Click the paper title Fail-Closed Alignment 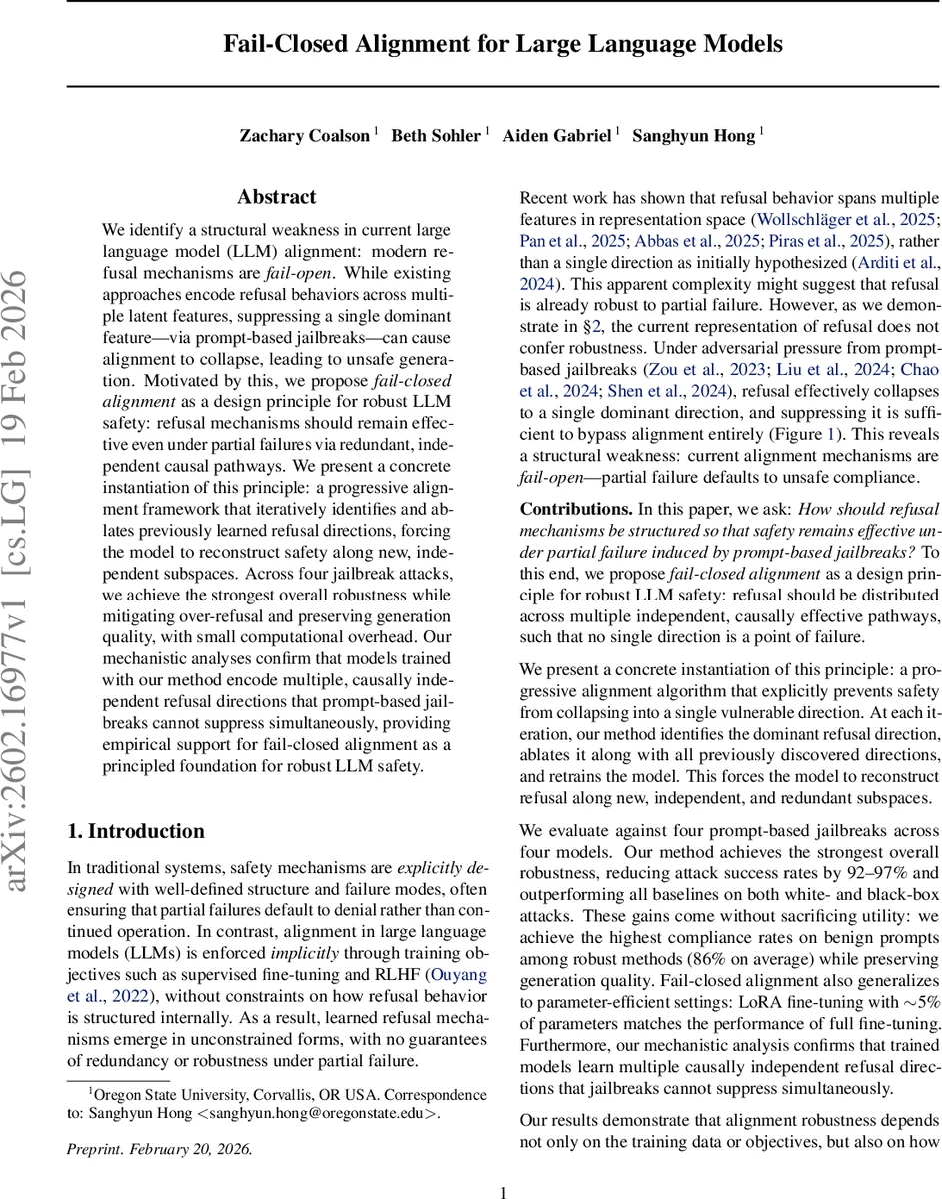point(502,45)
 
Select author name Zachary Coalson point(304,135)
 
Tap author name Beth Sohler point(436,135)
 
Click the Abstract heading point(277,197)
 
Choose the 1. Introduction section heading point(135,831)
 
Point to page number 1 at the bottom point(503,1191)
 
